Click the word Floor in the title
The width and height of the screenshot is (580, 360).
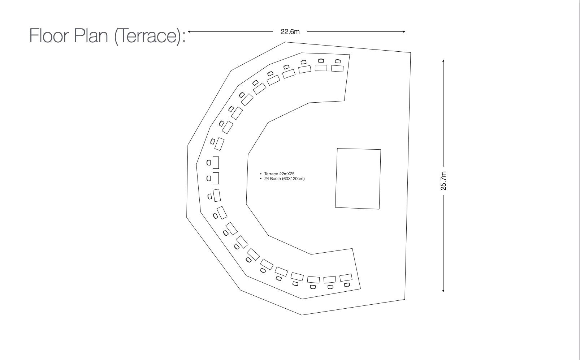[48, 35]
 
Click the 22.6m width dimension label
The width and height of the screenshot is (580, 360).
[290, 32]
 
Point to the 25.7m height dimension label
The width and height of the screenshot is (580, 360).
[443, 181]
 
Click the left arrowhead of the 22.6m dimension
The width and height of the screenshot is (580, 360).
[189, 32]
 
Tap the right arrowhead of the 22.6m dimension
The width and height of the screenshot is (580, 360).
[404, 32]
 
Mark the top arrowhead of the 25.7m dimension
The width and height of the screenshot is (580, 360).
[443, 61]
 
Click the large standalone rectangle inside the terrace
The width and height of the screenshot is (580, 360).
[358, 179]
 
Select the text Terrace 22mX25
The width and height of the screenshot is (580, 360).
[279, 174]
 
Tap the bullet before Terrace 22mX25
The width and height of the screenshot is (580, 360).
[261, 174]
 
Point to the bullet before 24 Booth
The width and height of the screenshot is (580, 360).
[261, 179]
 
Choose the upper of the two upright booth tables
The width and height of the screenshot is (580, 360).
[216, 163]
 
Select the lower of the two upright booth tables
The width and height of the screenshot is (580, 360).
[216, 178]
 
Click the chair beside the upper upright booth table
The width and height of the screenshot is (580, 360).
[209, 163]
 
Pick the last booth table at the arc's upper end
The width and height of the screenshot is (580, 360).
[337, 68]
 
